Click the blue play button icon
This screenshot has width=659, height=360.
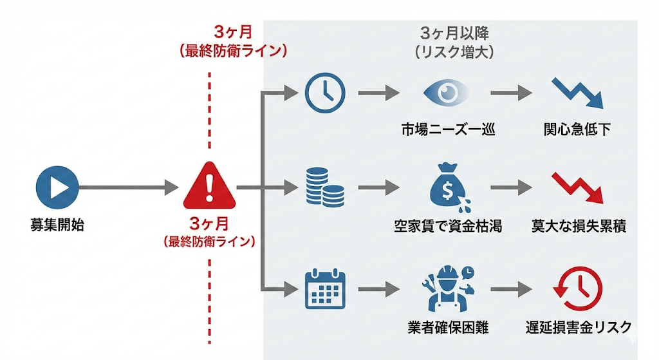[x=57, y=188]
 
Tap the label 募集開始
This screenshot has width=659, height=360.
[x=57, y=225]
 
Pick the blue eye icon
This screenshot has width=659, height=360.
[x=447, y=93]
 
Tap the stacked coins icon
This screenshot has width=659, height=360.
[x=324, y=187]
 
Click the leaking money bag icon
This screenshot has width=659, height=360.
[x=448, y=187]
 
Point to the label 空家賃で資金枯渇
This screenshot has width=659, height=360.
[x=448, y=226]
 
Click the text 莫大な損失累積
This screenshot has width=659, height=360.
[x=579, y=226]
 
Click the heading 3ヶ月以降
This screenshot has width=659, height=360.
[x=455, y=33]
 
